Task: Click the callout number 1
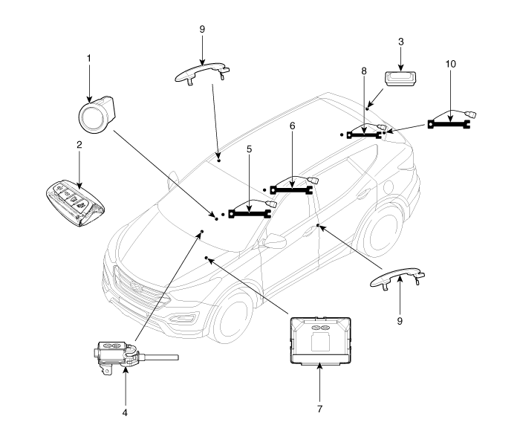click(88, 59)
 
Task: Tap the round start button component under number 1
click(97, 114)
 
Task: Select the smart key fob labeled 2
click(75, 204)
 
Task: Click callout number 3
click(401, 42)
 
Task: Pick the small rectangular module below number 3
click(400, 79)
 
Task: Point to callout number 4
click(125, 413)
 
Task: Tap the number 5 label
click(250, 149)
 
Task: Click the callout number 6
click(292, 126)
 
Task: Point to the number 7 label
click(319, 409)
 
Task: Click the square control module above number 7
click(320, 340)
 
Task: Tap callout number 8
click(364, 71)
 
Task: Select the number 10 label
click(450, 64)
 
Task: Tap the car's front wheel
click(231, 316)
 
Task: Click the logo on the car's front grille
click(136, 288)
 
